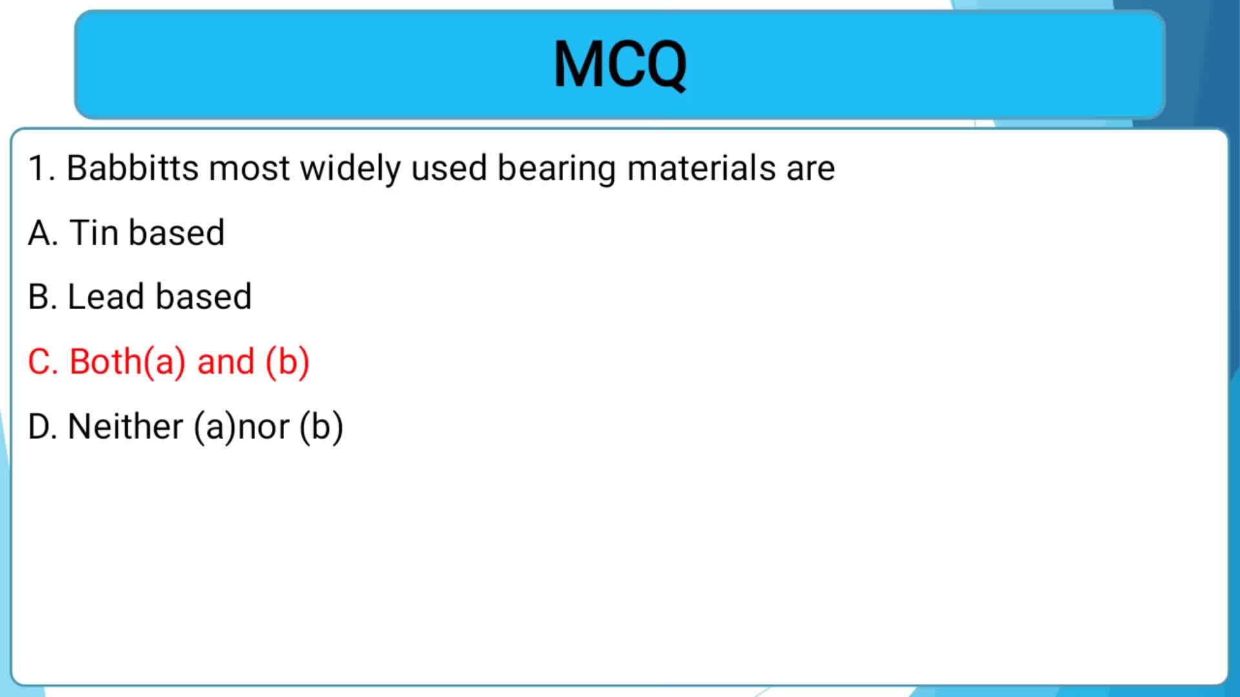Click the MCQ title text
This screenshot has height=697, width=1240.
click(620, 65)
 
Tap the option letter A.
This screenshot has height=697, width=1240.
click(43, 233)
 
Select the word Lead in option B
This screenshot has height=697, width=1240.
click(106, 297)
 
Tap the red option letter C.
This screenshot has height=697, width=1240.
click(43, 362)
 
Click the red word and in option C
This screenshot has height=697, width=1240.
click(226, 361)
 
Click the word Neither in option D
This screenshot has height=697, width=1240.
click(125, 427)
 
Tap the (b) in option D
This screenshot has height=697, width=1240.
click(322, 428)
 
